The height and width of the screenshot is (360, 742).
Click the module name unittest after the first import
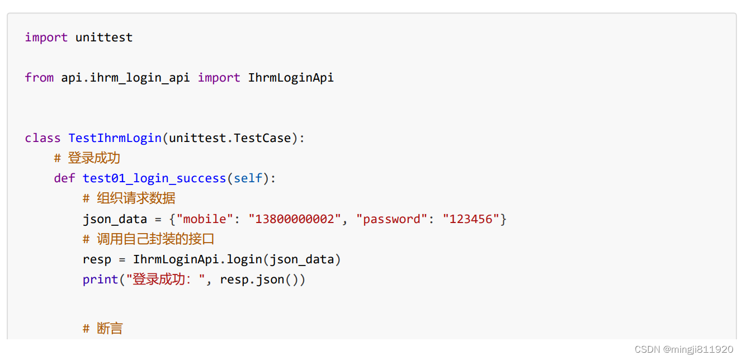pos(104,37)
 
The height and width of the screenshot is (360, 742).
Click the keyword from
pos(39,78)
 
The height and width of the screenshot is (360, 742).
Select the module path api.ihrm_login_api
pos(126,78)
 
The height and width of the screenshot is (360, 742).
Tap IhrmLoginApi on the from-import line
pos(291,78)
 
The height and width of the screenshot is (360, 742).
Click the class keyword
pos(42,138)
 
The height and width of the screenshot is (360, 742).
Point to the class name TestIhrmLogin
pos(115,138)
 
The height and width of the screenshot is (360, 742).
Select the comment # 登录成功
pos(87,158)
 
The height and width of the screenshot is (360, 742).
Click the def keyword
pos(64,178)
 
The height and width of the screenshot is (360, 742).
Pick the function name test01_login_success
pos(154,178)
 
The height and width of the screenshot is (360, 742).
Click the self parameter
pos(248,178)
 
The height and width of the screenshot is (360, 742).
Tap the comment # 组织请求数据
pos(129,198)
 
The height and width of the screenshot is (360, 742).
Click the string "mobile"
pos(205,219)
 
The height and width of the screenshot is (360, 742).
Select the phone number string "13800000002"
pos(295,219)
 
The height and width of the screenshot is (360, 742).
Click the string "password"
pos(395,219)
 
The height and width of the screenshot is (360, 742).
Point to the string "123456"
pos(471,219)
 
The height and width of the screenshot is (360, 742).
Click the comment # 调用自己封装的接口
pos(149,239)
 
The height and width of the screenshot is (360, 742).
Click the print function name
pos(101,280)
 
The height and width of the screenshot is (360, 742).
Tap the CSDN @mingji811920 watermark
pos(684,349)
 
